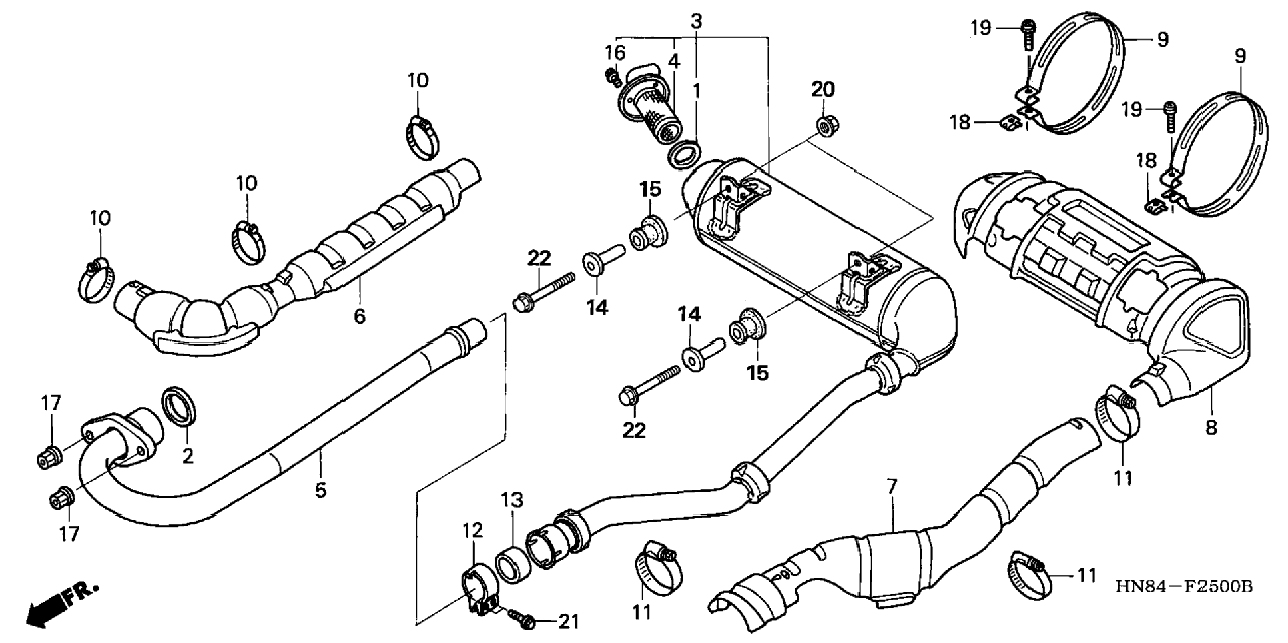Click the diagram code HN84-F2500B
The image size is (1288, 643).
(1185, 587)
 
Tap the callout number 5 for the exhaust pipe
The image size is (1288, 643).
(320, 491)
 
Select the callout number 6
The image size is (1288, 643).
(360, 316)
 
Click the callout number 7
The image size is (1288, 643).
(892, 487)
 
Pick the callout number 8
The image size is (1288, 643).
(1211, 428)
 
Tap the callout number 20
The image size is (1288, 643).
(822, 89)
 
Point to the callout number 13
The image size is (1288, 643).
(512, 500)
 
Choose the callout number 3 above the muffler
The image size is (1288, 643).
(696, 21)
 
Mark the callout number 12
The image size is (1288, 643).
(473, 531)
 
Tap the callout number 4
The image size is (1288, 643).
(674, 61)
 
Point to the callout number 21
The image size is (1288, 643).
(568, 622)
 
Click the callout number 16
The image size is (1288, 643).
(615, 52)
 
